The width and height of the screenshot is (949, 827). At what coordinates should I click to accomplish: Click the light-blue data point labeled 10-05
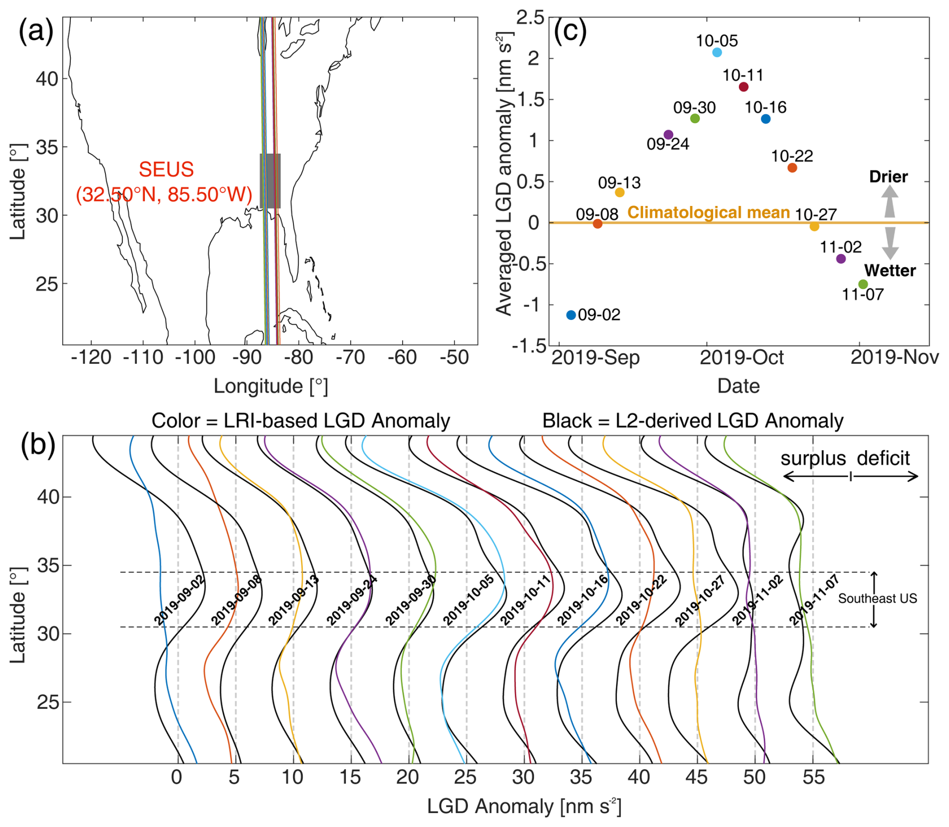[x=717, y=53]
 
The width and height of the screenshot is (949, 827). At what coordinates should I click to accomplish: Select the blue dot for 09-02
[x=571, y=315]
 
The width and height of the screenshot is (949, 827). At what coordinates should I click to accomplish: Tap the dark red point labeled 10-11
[x=744, y=87]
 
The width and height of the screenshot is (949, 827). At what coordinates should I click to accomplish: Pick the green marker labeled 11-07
[x=863, y=284]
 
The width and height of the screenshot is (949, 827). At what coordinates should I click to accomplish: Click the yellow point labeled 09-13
[x=619, y=192]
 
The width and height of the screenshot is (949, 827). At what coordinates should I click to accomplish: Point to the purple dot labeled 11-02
[x=841, y=259]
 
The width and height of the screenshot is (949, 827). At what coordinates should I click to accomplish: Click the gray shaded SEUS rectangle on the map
[x=270, y=181]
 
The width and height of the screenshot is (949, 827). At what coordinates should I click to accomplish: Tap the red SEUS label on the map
[x=165, y=182]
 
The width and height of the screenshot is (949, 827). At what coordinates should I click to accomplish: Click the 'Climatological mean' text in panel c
[x=709, y=213]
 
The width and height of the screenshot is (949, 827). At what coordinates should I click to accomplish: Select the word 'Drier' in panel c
[x=888, y=176]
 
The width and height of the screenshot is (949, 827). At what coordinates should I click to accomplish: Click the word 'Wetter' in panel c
[x=890, y=271]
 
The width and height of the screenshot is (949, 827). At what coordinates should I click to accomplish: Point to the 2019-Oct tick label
[x=741, y=357]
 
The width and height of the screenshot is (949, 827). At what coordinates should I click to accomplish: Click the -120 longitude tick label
[x=91, y=357]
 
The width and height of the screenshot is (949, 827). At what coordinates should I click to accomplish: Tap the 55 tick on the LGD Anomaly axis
[x=813, y=777]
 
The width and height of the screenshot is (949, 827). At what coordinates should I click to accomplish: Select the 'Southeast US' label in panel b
[x=877, y=598]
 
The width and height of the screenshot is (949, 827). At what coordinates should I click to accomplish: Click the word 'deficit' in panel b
[x=883, y=458]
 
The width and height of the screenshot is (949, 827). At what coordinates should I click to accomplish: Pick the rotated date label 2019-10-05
[x=468, y=600]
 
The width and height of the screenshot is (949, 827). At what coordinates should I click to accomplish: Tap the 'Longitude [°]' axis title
[x=270, y=386]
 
